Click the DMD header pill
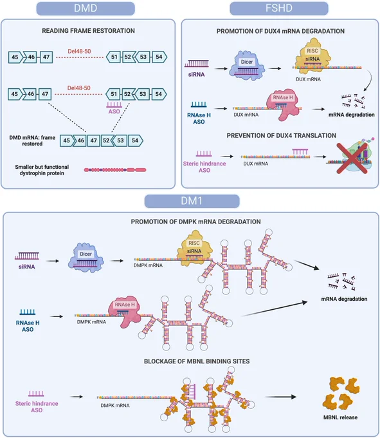pyautogui.click(x=86, y=8)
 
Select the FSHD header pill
pyautogui.click(x=279, y=8)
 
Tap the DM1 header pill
pyautogui.click(x=192, y=201)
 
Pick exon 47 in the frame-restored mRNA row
pyautogui.click(x=93, y=140)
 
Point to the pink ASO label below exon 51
pyautogui.click(x=114, y=111)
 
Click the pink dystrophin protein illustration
pyautogui.click(x=115, y=170)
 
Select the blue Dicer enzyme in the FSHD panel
pyautogui.click(x=246, y=66)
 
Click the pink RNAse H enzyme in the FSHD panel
pyautogui.click(x=284, y=105)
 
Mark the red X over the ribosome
pyautogui.click(x=352, y=158)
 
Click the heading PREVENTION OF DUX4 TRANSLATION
pyautogui.click(x=282, y=136)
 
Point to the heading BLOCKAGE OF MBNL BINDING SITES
pyautogui.click(x=197, y=361)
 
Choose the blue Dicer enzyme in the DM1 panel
pyautogui.click(x=86, y=258)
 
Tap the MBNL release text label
pyautogui.click(x=340, y=417)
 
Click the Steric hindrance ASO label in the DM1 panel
pyautogui.click(x=37, y=406)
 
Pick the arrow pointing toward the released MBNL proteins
pyautogui.click(x=281, y=397)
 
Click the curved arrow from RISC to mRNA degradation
pyautogui.click(x=369, y=80)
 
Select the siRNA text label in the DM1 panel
pyautogui.click(x=27, y=267)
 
